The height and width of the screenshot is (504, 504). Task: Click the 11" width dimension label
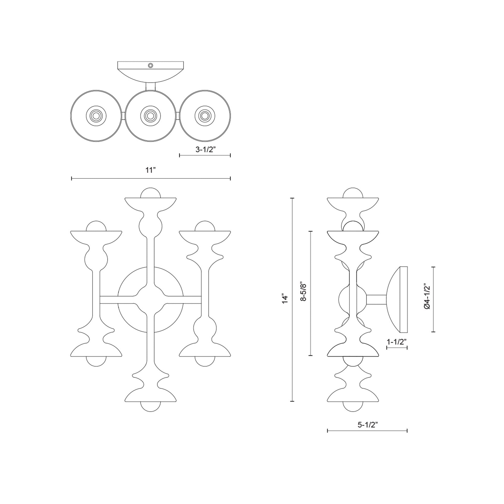tap(150, 170)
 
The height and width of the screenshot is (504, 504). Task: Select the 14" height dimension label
tap(285, 299)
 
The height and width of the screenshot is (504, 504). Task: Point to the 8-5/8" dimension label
tap(303, 291)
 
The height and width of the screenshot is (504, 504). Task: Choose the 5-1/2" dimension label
tap(368, 425)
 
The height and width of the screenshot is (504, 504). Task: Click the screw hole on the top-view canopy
tap(150, 66)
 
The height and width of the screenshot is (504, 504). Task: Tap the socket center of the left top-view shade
tap(96, 116)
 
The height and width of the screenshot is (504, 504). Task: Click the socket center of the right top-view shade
tap(205, 116)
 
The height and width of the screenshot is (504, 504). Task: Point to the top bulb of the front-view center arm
tap(150, 193)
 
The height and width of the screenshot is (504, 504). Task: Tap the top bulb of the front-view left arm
tap(96, 226)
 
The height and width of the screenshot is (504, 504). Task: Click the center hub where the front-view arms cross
tap(150, 300)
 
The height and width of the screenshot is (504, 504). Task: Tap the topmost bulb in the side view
tap(353, 193)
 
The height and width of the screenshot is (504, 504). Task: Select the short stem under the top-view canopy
tap(150, 86)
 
